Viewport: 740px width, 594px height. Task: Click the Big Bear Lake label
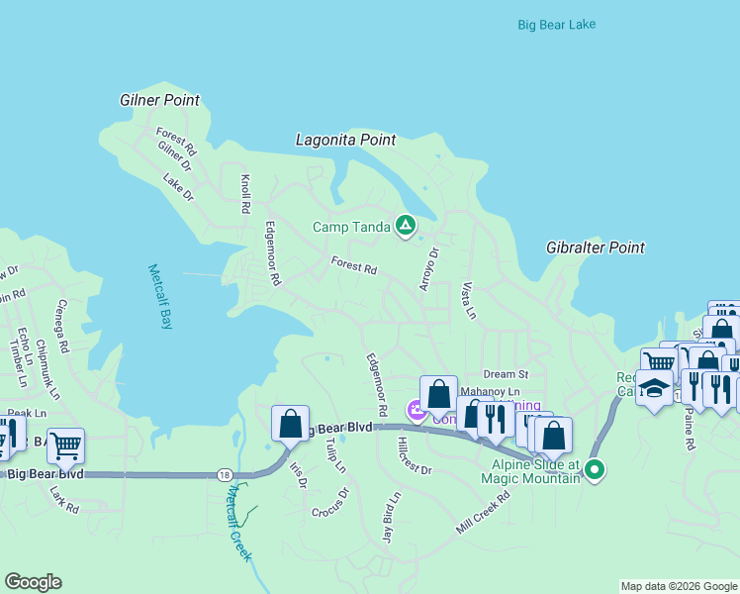point(556,24)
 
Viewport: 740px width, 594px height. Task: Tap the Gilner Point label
point(159,100)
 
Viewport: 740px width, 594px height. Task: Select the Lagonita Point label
point(345,141)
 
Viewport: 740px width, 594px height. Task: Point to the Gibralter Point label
point(595,247)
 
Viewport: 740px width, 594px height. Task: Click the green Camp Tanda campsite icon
point(405,227)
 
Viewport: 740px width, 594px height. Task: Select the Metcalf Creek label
point(236,522)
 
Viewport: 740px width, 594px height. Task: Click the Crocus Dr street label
point(330,503)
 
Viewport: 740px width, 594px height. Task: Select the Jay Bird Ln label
point(391,516)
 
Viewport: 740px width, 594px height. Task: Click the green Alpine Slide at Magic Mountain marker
point(594,469)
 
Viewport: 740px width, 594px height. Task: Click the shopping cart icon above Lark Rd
point(65,445)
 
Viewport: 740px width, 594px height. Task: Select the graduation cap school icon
point(654,387)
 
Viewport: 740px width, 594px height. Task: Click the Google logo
point(33,582)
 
